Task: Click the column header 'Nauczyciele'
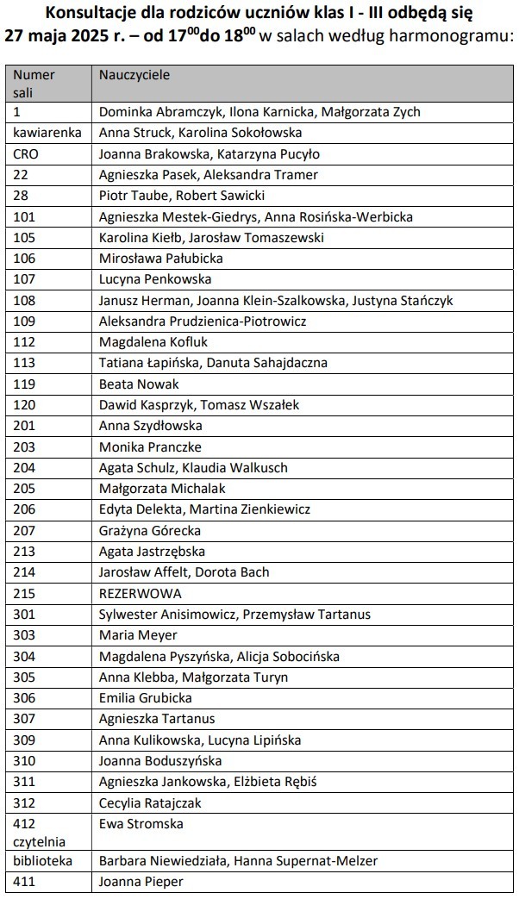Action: click(134, 75)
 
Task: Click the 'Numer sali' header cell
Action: click(34, 83)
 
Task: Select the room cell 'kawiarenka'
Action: click(47, 133)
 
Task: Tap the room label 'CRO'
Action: click(27, 154)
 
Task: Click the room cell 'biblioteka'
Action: click(43, 860)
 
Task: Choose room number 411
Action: click(24, 882)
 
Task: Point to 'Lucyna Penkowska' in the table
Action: click(155, 279)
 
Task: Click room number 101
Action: click(24, 217)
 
